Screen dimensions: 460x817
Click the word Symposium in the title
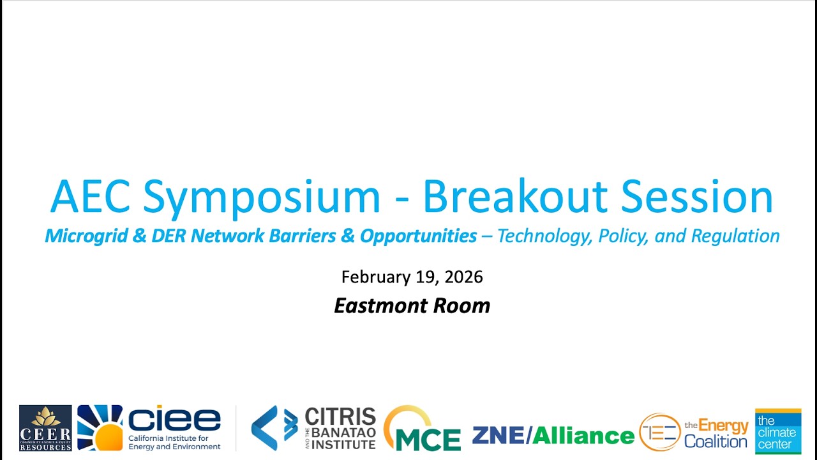[262, 197]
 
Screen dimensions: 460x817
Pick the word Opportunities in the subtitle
[418, 236]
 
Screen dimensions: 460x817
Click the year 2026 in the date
[463, 277]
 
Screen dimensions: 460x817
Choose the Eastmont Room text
[412, 305]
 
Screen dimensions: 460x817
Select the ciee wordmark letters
[174, 419]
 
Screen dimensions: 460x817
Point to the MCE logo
[422, 429]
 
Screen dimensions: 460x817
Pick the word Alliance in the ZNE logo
[583, 436]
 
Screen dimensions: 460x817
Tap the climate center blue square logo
[777, 431]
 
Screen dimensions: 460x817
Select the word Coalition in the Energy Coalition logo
[716, 441]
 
